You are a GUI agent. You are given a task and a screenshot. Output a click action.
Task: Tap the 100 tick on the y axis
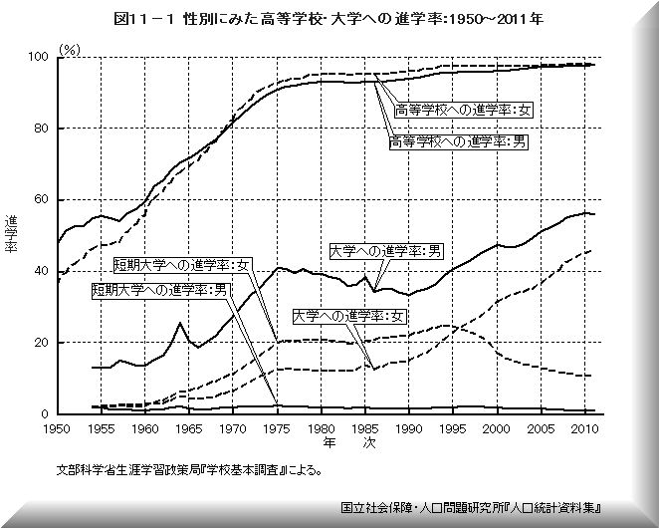pyautogui.click(x=42, y=58)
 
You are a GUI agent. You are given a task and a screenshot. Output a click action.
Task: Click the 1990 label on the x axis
pyautogui.click(x=407, y=430)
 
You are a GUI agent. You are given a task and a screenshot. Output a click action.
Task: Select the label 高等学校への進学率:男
pyautogui.click(x=459, y=141)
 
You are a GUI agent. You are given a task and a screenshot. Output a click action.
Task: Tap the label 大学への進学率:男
pyautogui.click(x=386, y=251)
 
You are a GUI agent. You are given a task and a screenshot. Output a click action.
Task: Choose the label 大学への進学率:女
pyautogui.click(x=349, y=316)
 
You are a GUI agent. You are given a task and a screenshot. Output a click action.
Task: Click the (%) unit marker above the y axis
pyautogui.click(x=70, y=48)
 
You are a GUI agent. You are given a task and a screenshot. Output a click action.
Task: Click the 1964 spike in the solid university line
pyautogui.click(x=179, y=323)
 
